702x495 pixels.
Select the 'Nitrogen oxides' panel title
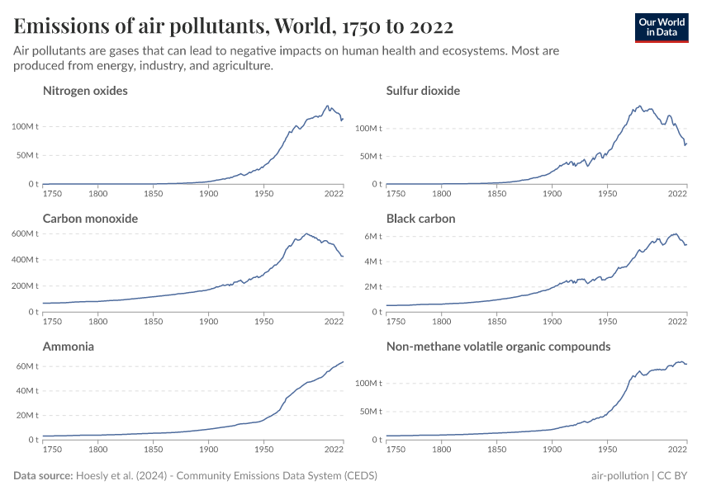point(85,91)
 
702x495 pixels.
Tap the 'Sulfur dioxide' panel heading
point(423,91)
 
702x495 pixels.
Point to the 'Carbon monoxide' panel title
point(90,219)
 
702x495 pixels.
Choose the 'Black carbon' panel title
point(420,219)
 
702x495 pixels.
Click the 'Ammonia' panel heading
point(69,346)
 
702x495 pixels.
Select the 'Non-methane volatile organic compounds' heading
point(498,346)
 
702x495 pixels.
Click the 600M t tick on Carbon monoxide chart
point(25,233)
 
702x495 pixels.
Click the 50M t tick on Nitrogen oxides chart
point(27,155)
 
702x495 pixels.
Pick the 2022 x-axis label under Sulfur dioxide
point(678,194)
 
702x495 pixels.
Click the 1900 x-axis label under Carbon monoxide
point(208,322)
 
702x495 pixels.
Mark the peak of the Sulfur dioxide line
point(640,106)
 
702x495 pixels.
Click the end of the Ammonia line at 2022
point(344,361)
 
